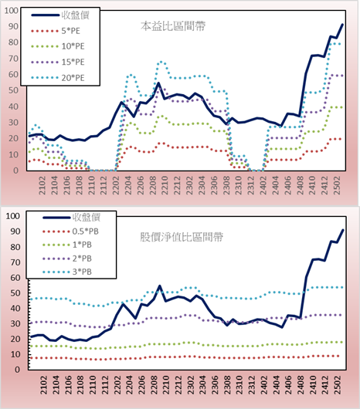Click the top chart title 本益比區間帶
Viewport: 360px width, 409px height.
coord(173,26)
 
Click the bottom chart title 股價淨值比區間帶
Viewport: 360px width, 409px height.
coord(182,237)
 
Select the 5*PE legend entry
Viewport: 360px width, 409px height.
coord(56,31)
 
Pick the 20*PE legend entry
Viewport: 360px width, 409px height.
coord(58,78)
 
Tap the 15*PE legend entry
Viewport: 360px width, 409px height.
coord(58,62)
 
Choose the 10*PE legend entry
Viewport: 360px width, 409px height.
coord(58,46)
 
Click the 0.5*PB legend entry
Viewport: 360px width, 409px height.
coord(70,232)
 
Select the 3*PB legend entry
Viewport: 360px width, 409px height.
coord(67,272)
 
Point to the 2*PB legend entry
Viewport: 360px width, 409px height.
coord(67,259)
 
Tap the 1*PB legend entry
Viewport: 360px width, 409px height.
coord(67,245)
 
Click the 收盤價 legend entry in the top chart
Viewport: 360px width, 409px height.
coord(60,15)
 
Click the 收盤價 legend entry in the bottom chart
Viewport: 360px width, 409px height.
coord(72,217)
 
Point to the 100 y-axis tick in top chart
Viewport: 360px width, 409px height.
coord(12,11)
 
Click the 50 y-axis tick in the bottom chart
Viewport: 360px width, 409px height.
coord(15,293)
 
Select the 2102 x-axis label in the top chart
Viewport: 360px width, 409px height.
coord(42,185)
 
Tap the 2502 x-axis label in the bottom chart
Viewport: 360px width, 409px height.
coord(338,385)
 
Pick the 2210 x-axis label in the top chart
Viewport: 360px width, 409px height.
coord(165,185)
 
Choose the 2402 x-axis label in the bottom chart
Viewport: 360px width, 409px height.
coord(264,385)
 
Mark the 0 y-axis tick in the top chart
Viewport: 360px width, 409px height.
coord(15,171)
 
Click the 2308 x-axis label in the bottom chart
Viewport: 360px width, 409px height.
coord(227,385)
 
